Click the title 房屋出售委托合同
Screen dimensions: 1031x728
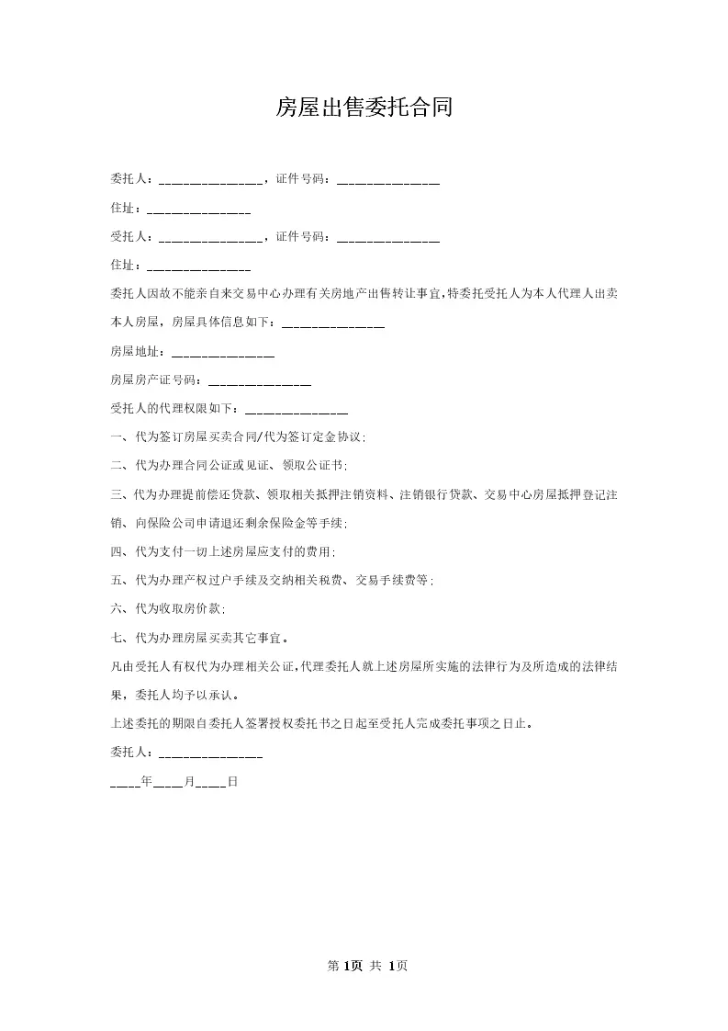364,108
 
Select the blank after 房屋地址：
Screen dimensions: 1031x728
222,352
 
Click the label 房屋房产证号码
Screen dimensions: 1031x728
152,380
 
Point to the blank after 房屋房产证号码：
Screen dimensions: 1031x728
260,380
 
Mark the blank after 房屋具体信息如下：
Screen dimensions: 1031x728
333,323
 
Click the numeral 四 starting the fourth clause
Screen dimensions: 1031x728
116,552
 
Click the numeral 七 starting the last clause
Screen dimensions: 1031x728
116,638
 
